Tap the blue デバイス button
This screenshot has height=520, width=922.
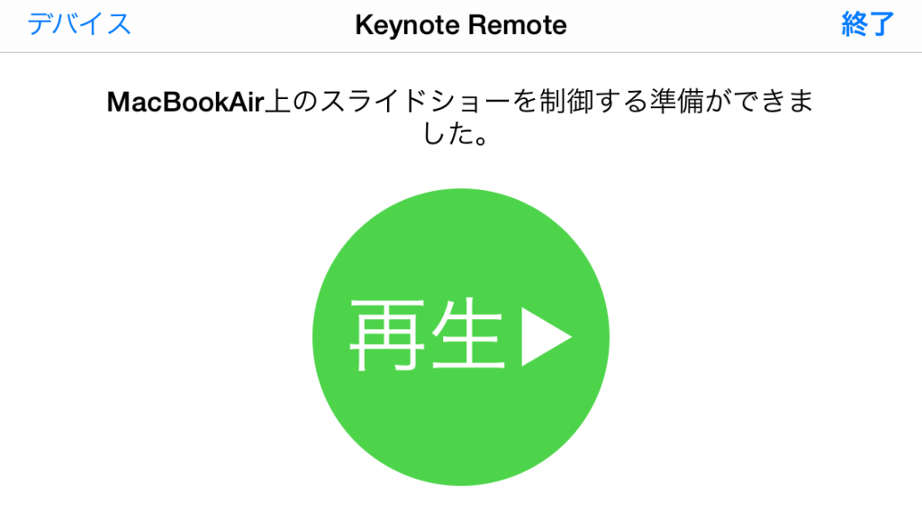pos(79,24)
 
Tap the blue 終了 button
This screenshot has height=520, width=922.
pos(867,24)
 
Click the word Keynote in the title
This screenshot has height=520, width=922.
pos(407,26)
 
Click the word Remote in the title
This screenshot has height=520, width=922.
pos(518,25)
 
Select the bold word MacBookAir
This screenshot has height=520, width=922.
pos(185,103)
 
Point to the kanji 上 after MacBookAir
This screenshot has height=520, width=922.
pos(278,102)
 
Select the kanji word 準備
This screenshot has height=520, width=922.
pos(676,102)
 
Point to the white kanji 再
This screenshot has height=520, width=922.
pos(387,335)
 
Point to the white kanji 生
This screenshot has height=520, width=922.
pos(468,334)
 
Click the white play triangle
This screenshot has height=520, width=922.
pos(545,337)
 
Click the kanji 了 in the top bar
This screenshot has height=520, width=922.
pos(881,24)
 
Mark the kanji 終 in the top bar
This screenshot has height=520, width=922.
pos(854,24)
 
